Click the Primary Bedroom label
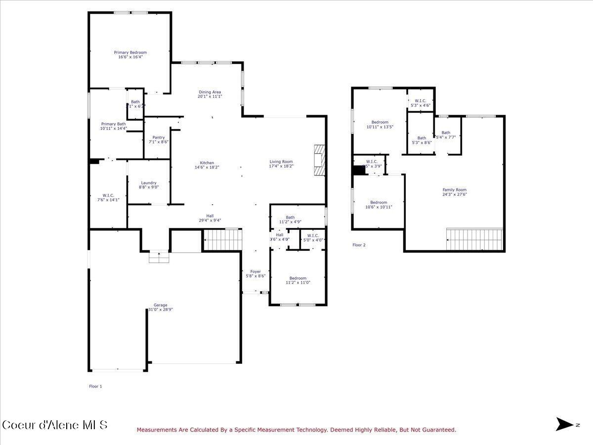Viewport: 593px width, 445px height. coord(130,52)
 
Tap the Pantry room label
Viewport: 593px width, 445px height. coord(159,137)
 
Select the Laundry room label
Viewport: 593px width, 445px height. coord(148,183)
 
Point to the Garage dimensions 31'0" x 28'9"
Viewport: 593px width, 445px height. coord(161,310)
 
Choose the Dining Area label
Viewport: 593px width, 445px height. coord(210,92)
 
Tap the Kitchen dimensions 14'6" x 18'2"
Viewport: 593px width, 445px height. coord(207,167)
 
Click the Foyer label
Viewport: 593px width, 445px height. coord(255,271)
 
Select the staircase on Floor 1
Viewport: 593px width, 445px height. coord(222,240)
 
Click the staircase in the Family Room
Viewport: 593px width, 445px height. coord(474,239)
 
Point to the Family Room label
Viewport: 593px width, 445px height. coord(454,190)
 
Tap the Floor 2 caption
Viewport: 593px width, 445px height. coord(359,245)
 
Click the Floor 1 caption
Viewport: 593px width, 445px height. coord(95,386)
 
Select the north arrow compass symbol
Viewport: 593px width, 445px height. coord(564,424)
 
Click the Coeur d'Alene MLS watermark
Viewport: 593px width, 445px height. coord(54,425)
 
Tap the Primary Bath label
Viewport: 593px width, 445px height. coord(113,124)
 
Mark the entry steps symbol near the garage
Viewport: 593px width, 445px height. coord(159,257)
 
